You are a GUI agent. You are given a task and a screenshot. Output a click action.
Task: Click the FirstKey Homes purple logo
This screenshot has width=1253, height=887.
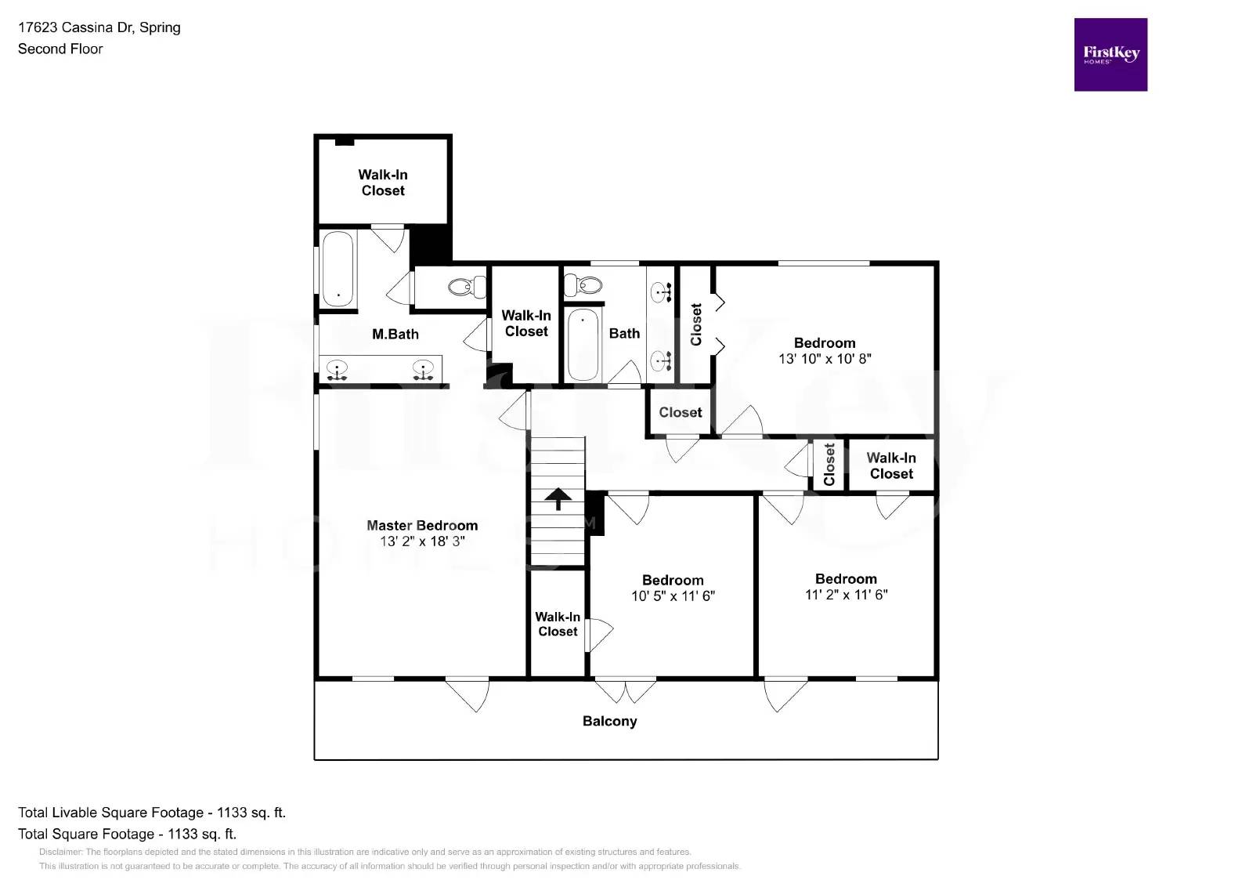(x=1110, y=54)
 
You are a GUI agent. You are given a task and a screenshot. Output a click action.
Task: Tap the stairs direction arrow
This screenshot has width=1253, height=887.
(x=558, y=498)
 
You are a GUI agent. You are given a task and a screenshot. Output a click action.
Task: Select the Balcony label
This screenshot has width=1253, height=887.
(x=609, y=721)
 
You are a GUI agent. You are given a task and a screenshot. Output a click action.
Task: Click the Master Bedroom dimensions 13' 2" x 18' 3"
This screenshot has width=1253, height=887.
(x=422, y=541)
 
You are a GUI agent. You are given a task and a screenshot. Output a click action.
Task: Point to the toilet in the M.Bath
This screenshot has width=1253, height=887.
(x=467, y=287)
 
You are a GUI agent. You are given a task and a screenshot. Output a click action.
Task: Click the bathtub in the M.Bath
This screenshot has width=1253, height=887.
(x=338, y=269)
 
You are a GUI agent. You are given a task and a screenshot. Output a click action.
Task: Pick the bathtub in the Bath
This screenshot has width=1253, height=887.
(x=583, y=344)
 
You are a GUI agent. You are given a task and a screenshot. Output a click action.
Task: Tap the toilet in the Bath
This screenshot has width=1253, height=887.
(x=583, y=284)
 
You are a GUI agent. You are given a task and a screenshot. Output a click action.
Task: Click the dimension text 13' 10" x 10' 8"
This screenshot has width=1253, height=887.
(x=825, y=359)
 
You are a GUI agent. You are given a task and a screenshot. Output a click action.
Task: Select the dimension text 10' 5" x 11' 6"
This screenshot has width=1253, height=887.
(x=673, y=596)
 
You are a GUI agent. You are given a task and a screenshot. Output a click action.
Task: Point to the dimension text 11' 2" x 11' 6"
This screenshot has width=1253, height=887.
(x=846, y=595)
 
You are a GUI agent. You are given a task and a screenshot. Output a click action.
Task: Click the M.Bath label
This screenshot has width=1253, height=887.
(x=395, y=335)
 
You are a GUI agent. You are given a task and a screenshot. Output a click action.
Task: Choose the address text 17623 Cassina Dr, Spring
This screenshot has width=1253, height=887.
(x=99, y=27)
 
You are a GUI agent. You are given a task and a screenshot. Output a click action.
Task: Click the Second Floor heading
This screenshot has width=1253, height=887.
(x=60, y=49)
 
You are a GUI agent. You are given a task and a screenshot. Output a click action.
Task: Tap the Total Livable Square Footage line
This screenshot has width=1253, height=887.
(x=152, y=813)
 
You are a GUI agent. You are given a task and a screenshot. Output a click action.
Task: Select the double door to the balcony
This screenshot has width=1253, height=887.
(x=626, y=690)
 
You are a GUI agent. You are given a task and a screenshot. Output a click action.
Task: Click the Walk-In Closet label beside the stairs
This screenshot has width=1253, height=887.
(x=558, y=624)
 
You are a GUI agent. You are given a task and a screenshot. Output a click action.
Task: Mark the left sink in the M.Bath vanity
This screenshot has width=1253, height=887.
(x=338, y=369)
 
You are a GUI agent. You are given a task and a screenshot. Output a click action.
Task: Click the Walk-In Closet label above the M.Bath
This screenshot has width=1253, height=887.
(x=383, y=183)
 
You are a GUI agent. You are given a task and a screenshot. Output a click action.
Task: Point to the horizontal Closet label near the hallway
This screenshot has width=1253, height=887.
(x=680, y=412)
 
